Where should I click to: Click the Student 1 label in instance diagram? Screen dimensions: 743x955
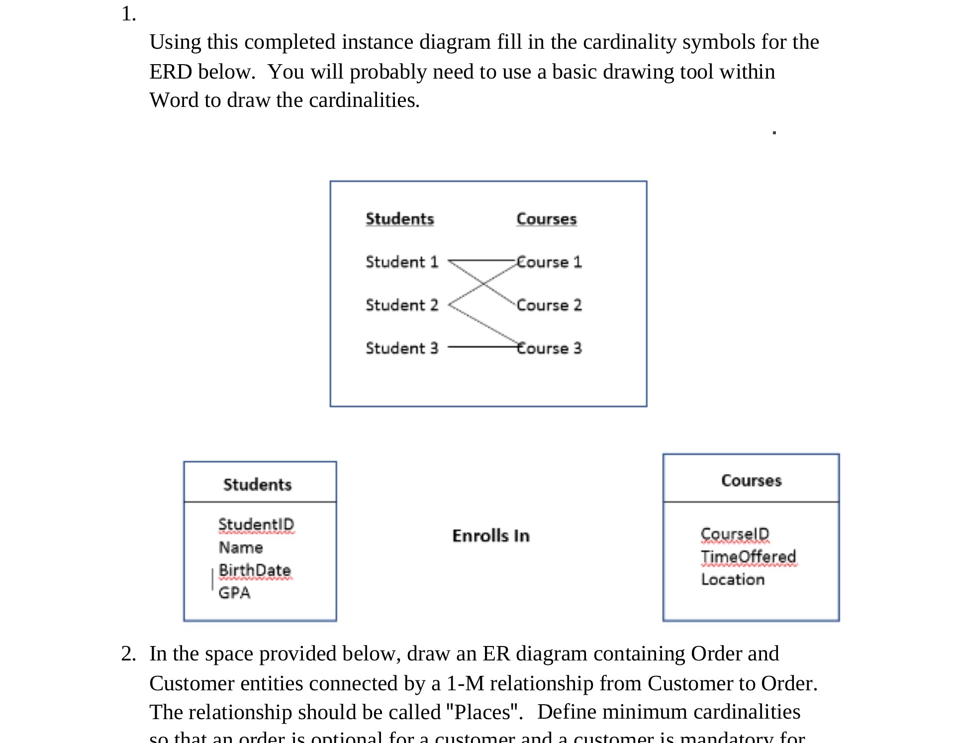402,262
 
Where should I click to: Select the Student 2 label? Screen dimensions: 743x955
402,305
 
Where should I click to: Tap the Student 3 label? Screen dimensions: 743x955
402,348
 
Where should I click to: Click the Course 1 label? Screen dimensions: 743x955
549,262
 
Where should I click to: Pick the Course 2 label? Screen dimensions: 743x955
549,305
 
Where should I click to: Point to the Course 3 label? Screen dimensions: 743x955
549,348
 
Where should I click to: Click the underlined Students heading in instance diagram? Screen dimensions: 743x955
400,219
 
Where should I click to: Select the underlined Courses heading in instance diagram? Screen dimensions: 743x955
547,219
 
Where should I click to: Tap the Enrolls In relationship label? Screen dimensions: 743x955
491,536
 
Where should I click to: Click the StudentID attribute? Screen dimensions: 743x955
256,524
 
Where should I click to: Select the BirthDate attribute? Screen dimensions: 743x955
255,570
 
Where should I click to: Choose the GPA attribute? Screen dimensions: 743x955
234,593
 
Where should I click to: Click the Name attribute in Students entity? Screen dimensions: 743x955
241,548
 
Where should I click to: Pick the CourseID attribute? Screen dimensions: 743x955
735,534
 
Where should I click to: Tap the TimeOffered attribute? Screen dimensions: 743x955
749,557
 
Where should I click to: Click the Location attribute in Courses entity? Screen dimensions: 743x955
733,579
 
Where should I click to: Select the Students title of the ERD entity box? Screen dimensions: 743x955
257,484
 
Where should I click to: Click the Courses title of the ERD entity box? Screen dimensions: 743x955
751,480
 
